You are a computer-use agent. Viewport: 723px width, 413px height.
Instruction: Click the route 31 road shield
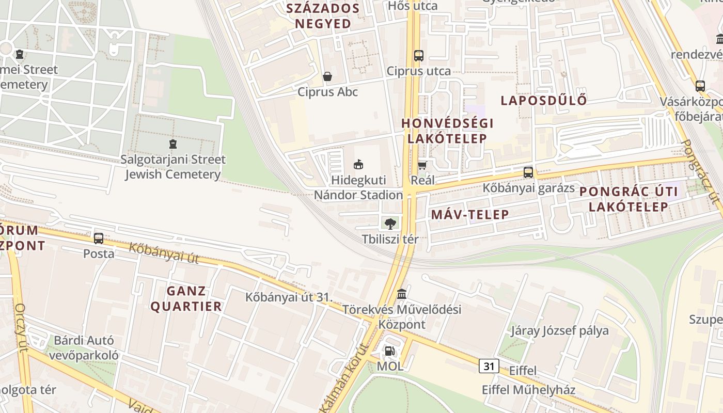click(x=489, y=367)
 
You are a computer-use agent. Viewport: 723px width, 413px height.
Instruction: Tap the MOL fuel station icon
click(x=389, y=352)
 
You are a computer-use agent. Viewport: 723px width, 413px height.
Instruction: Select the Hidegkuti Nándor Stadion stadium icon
click(x=358, y=165)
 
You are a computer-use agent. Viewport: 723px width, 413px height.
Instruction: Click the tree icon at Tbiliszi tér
click(x=390, y=224)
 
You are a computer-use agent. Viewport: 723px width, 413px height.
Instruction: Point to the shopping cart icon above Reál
click(x=422, y=165)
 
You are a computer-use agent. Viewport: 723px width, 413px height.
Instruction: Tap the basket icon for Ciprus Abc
click(x=327, y=77)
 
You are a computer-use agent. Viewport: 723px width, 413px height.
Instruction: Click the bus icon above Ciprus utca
click(x=418, y=55)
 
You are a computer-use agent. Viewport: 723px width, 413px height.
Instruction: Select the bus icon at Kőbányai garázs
click(x=528, y=172)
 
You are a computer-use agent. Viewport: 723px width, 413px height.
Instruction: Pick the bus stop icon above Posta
click(x=99, y=238)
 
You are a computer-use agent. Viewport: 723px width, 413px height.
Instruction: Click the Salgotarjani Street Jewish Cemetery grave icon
click(x=173, y=144)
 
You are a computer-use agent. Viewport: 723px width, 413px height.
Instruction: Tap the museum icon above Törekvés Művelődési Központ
click(x=402, y=294)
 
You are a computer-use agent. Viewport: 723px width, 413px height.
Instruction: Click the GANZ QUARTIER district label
click(x=186, y=299)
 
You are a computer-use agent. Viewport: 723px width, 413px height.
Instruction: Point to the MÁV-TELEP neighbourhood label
click(x=470, y=215)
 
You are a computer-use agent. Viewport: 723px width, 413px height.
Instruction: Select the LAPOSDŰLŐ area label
click(x=544, y=101)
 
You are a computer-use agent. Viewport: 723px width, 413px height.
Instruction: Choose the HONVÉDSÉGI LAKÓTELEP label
click(x=447, y=131)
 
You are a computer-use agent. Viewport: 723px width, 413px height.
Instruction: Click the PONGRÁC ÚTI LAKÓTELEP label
click(x=628, y=199)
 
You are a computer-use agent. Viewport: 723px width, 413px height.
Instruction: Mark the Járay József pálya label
click(x=560, y=330)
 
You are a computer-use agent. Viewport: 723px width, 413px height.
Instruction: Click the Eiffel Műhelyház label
click(x=528, y=390)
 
